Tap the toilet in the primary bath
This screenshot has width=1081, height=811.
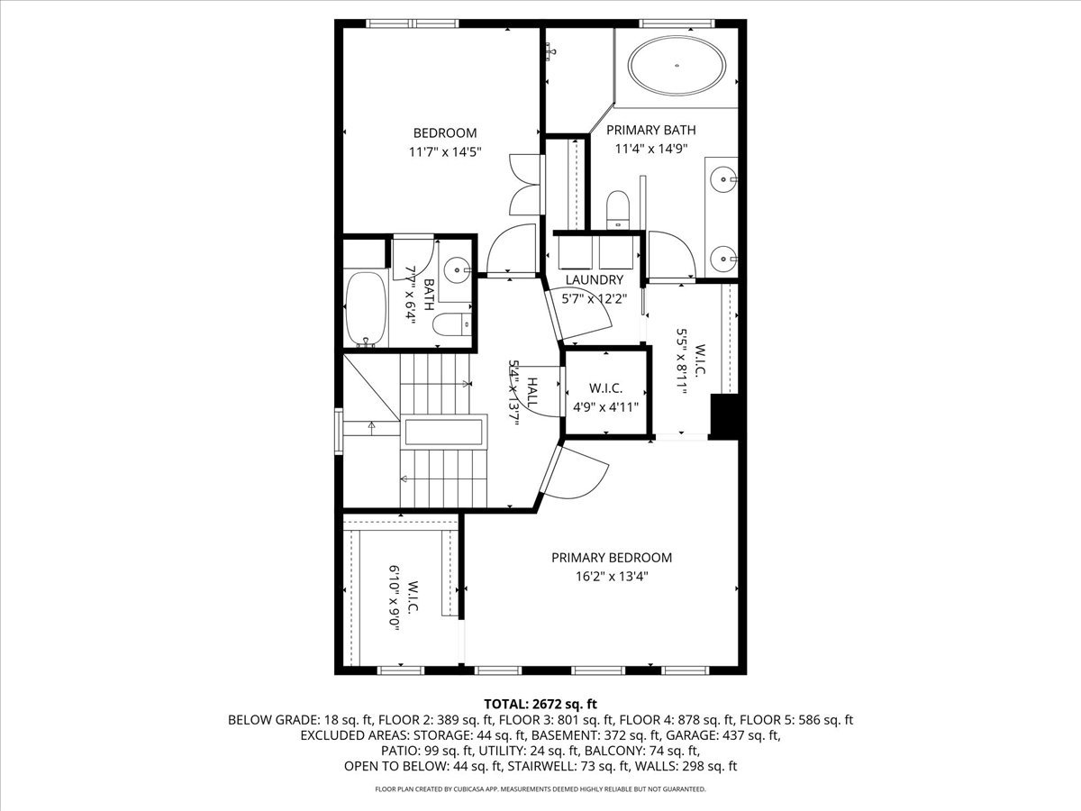coord(618,208)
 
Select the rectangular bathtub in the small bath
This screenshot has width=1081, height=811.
coord(366,309)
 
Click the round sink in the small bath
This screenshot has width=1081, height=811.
coord(459,268)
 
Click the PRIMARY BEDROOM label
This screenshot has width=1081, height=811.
coord(612,558)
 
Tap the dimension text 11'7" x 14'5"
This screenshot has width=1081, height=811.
coord(446,152)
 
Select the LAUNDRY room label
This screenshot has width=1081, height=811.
coord(594,280)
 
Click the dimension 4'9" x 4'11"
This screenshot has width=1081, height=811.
coord(605,406)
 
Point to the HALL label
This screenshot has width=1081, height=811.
coord(532,395)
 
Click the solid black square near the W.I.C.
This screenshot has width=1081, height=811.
coord(726,415)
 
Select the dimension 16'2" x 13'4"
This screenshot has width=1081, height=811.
coord(612,577)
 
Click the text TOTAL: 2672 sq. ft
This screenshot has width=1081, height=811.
coord(540,703)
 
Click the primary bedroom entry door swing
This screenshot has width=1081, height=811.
coord(581,471)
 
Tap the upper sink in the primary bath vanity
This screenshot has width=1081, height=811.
coord(725,179)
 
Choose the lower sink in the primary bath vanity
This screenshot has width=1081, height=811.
coord(725,259)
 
